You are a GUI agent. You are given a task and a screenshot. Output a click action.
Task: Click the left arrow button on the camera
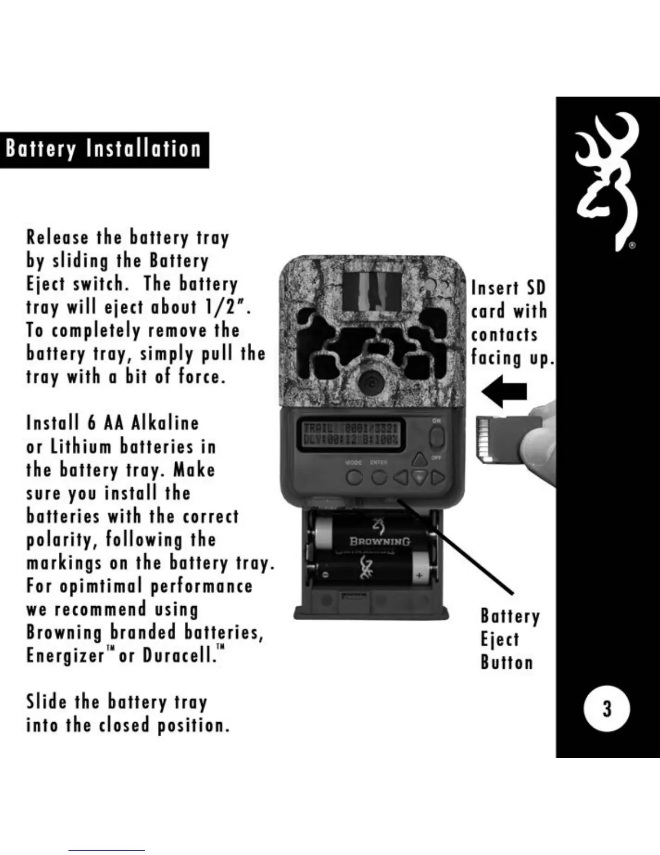click(400, 478)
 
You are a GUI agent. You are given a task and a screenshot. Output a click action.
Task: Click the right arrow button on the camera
click(438, 478)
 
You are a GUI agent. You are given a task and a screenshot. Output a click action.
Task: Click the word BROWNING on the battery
click(380, 541)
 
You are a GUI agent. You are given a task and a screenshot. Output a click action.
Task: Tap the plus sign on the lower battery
click(419, 575)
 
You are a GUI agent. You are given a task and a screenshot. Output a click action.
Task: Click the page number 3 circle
click(607, 708)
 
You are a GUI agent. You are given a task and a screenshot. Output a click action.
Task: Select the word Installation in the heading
click(143, 150)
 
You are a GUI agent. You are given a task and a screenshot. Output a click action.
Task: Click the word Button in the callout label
click(506, 663)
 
